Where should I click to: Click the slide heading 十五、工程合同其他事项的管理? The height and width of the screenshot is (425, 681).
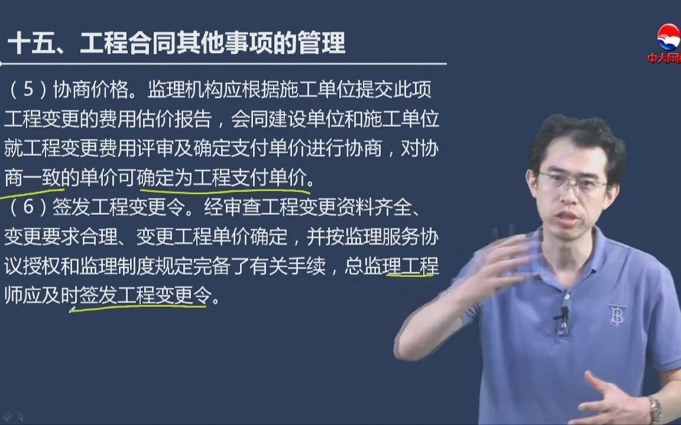coord(177,43)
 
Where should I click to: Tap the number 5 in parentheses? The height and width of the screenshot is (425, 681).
coord(28,89)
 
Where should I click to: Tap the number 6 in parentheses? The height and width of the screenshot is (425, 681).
coord(28,207)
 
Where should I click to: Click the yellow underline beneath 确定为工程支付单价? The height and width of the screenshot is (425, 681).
coord(225,191)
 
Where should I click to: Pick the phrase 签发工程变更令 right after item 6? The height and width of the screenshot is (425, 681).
coord(119,207)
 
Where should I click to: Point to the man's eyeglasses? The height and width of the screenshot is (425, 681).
coord(572,182)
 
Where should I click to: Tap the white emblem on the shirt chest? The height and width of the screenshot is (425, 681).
coord(617,315)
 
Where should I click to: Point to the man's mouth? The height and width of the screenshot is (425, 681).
coord(569,216)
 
